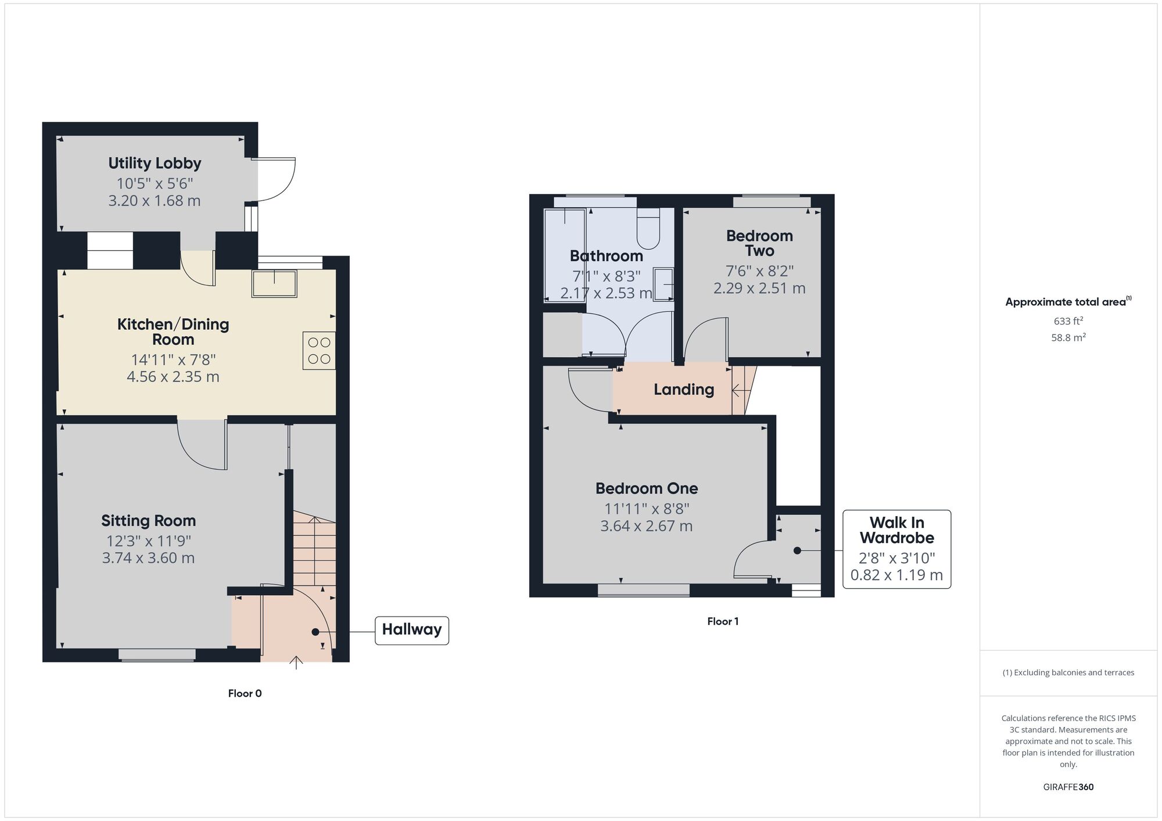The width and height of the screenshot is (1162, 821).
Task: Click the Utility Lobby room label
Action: (155, 163)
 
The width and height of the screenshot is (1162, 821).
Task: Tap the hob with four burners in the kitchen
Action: (319, 351)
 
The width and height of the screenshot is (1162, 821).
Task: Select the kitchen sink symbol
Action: (274, 283)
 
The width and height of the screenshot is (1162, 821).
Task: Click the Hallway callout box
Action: (412, 630)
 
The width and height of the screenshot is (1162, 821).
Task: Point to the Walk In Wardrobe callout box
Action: (896, 549)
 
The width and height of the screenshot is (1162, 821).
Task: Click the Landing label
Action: (684, 389)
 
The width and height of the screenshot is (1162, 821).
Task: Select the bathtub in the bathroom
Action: (565, 255)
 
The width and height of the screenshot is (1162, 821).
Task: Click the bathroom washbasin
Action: (664, 284)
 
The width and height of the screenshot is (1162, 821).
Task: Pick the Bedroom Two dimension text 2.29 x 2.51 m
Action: (759, 288)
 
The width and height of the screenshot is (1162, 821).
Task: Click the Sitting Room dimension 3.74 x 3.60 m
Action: (148, 558)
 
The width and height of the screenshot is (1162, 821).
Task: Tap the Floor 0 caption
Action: (245, 693)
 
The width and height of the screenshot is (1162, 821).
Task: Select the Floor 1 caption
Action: (723, 621)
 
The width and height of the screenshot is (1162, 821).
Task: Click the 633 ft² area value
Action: (1068, 321)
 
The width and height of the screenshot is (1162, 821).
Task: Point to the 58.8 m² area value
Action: (1068, 337)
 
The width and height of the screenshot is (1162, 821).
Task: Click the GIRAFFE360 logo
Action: (1068, 787)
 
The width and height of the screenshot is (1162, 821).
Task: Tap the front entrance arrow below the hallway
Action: (296, 662)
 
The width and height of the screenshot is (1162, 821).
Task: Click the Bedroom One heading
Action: (647, 488)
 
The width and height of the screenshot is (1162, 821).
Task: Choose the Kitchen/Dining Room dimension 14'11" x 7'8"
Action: (173, 360)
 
